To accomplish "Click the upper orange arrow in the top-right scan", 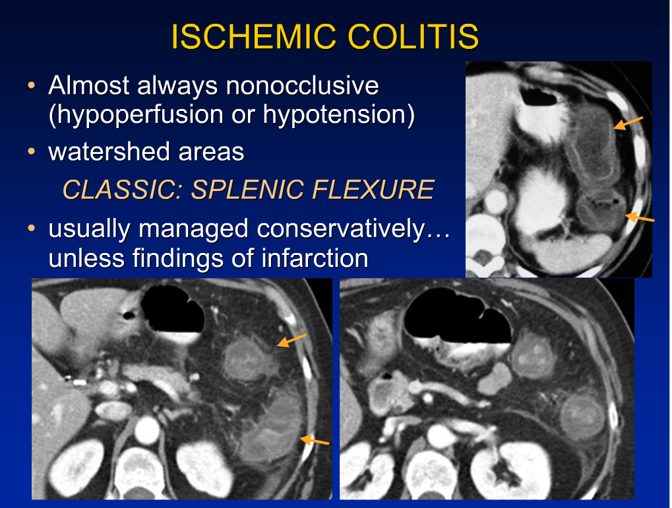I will click(628, 122).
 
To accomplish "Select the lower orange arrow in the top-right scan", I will click(640, 217).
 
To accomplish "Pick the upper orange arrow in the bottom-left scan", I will click(291, 340).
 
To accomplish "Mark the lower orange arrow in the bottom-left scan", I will click(315, 440).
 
